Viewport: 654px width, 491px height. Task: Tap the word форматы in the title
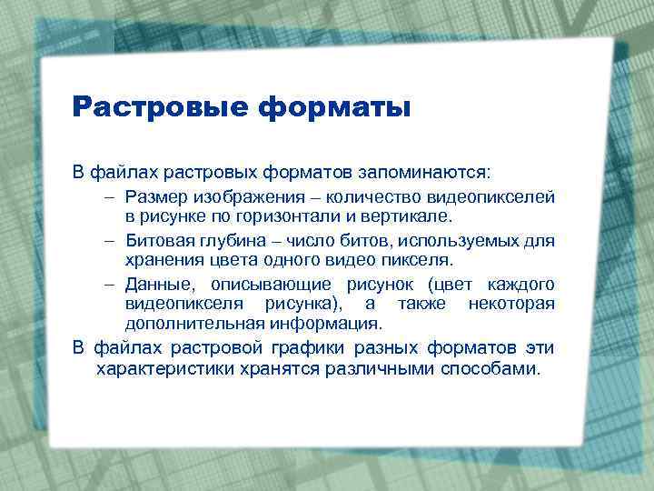335,107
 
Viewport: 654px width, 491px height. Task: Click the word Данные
155,283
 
